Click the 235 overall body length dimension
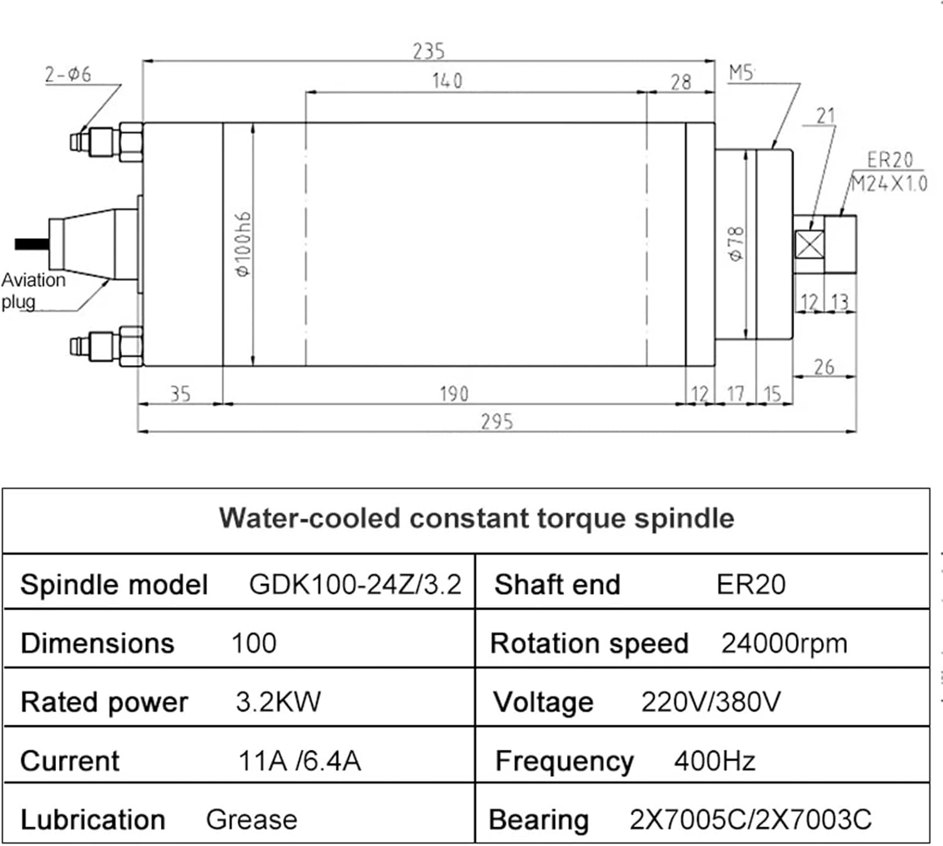pos(429,51)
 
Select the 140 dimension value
pos(447,81)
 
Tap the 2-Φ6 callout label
pos(68,74)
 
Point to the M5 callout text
pos(741,73)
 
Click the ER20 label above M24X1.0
pos(890,160)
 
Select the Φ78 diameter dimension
pos(736,244)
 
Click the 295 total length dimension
pos(497,422)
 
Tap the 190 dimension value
pos(454,394)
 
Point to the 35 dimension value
pos(180,394)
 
